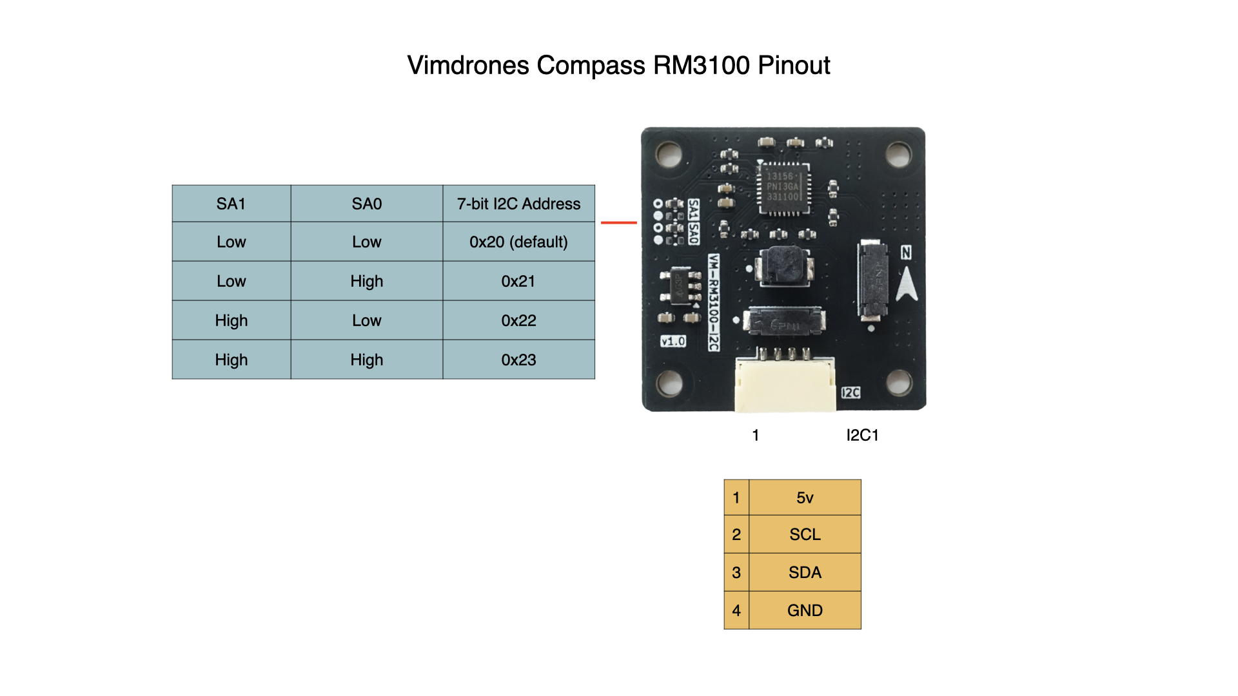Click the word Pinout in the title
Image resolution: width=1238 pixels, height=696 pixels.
(x=793, y=66)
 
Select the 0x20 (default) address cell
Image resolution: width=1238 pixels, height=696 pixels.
(x=518, y=242)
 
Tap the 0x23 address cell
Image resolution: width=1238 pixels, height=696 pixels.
(x=518, y=360)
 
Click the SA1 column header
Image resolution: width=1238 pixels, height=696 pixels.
(x=231, y=204)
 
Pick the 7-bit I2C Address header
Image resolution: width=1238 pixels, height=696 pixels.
(x=518, y=204)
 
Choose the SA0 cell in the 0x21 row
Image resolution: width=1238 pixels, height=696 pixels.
(x=366, y=281)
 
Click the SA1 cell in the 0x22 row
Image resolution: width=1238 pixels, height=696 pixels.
(x=231, y=320)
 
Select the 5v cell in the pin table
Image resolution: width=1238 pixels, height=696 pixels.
(x=804, y=498)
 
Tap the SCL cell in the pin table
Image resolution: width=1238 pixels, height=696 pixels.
(x=804, y=534)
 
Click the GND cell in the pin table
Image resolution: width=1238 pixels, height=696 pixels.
(x=804, y=610)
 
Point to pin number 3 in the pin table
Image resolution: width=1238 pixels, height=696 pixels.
(x=736, y=572)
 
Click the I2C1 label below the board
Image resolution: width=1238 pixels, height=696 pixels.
(x=862, y=436)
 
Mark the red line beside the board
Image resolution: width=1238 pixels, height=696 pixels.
(x=618, y=223)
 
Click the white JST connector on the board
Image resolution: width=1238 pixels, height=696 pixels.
(x=785, y=385)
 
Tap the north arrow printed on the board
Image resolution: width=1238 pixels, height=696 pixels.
(x=907, y=284)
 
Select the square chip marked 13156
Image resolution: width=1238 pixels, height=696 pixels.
(x=783, y=186)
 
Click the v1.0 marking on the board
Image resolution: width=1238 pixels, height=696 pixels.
(x=673, y=341)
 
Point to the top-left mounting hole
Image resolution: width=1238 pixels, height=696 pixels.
(x=669, y=154)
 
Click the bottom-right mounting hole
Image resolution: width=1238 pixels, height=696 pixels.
(x=898, y=383)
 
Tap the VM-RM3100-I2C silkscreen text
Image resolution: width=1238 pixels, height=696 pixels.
(x=714, y=302)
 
